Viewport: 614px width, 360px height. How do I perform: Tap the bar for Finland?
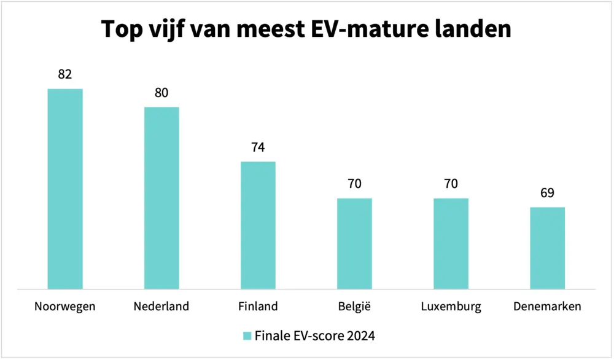[258, 225]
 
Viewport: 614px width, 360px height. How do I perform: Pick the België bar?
[354, 243]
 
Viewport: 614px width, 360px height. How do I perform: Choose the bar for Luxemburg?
[451, 243]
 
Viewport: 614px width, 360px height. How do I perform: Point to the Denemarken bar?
[547, 248]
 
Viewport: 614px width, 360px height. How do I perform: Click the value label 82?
[65, 74]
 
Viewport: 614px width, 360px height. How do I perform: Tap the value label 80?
[161, 93]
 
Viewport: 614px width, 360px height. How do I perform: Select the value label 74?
[258, 147]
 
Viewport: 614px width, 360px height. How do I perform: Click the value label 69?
[547, 193]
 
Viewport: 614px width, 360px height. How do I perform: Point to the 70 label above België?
[354, 184]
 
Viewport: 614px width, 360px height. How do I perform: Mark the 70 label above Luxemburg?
[451, 184]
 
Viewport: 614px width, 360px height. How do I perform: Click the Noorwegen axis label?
[65, 307]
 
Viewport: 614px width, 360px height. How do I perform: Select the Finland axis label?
[258, 306]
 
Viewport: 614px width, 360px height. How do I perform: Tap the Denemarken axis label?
[547, 306]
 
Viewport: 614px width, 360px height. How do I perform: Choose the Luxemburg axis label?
[451, 306]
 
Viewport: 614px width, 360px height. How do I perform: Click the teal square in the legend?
[247, 335]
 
